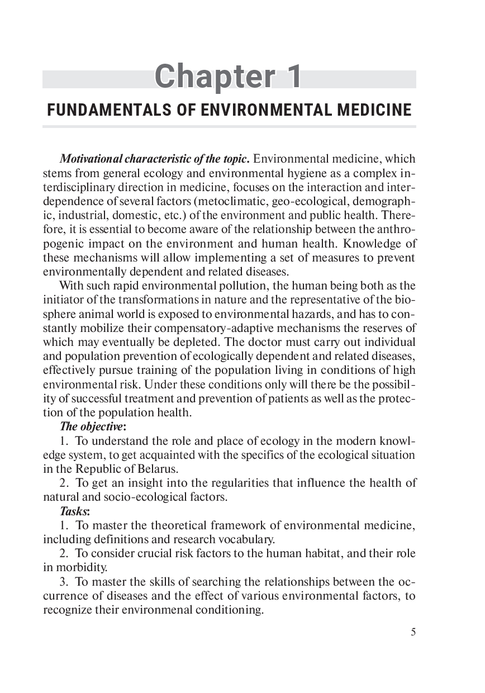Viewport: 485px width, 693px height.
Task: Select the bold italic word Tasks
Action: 73,511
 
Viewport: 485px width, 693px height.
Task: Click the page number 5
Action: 413,632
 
